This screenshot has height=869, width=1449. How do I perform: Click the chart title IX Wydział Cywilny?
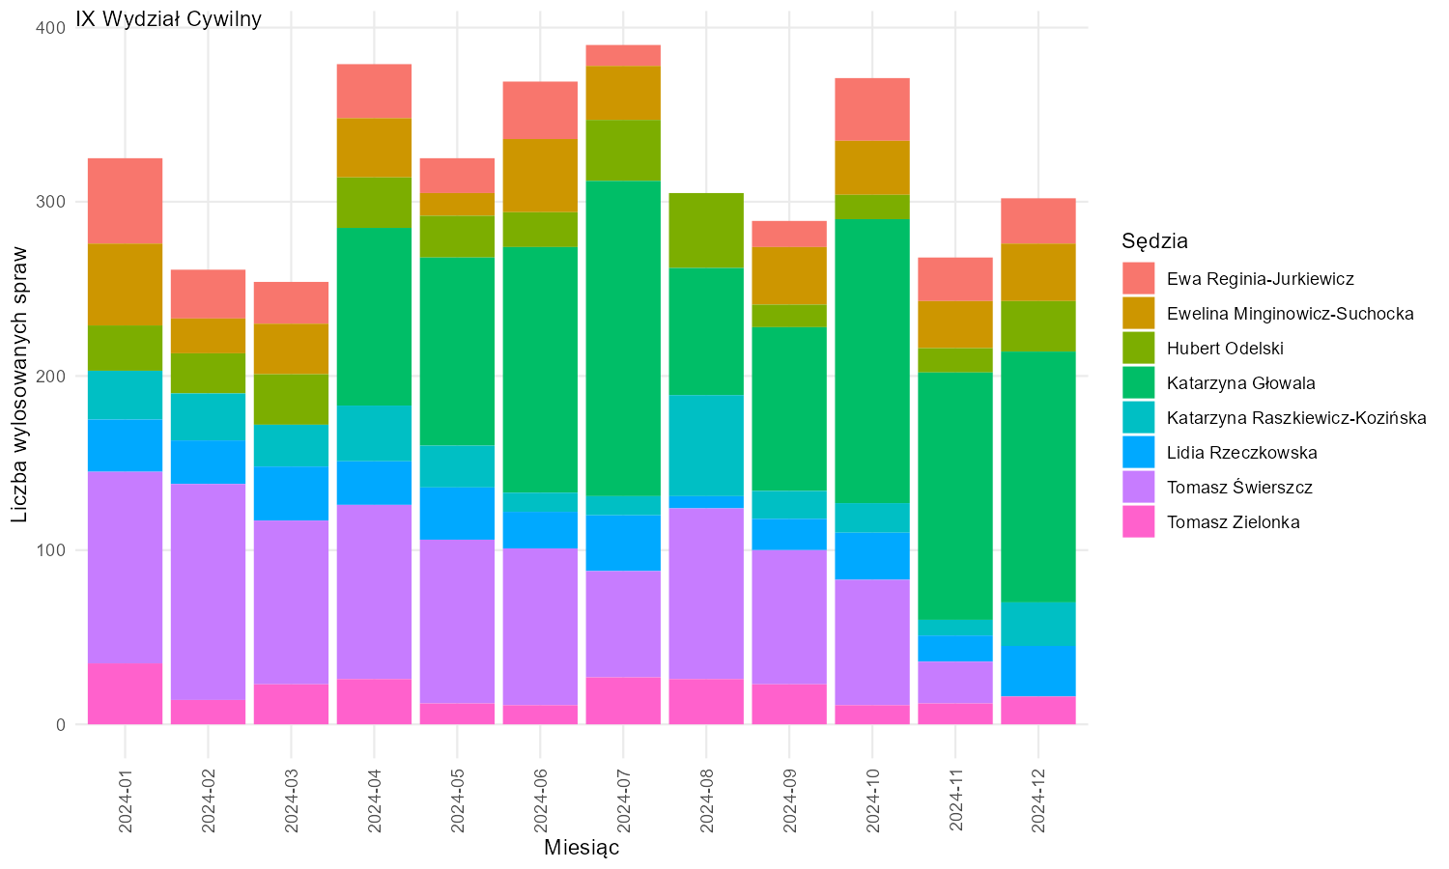pos(168,18)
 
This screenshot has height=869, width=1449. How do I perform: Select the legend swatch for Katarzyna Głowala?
pos(1139,382)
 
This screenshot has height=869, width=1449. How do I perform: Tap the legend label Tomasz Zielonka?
pos(1233,521)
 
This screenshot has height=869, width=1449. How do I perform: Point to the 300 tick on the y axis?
pos(52,202)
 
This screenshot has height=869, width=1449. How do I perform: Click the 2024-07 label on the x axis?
pos(624,801)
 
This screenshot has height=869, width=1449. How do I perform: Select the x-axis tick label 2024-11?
pos(955,801)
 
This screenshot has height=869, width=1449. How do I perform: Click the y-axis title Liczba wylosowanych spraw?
pos(19,384)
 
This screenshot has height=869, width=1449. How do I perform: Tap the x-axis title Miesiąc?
pos(582,847)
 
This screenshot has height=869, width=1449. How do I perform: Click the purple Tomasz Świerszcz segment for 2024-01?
pos(126,567)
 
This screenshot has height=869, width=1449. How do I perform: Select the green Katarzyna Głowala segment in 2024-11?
pos(955,496)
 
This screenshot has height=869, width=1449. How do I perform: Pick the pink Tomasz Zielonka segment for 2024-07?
pos(624,701)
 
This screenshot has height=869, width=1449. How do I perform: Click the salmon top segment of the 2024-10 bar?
pos(872,109)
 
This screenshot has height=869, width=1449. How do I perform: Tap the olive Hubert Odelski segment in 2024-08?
pos(706,230)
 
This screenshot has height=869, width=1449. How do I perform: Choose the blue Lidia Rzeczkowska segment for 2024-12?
pos(1038,671)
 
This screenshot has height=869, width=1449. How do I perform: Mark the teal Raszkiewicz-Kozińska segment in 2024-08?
pos(706,445)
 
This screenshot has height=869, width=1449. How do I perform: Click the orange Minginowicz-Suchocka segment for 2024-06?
pos(540,175)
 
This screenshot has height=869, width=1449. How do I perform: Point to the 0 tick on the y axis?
pos(61,725)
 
